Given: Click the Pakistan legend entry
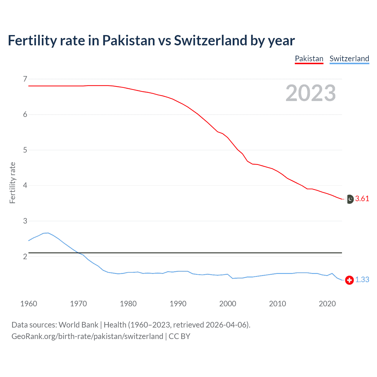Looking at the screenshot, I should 309,59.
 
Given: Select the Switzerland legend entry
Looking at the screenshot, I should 349,59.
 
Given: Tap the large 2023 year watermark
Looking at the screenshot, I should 310,93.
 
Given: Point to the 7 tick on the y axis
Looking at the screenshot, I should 25,79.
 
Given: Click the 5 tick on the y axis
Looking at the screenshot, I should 25,150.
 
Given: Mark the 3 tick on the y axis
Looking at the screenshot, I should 25,221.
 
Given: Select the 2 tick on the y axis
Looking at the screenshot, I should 25,257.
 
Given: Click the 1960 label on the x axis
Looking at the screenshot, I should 29,304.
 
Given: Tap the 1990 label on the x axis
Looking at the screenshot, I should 178,304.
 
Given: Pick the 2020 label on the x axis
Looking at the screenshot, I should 327,304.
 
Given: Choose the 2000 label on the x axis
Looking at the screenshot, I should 228,304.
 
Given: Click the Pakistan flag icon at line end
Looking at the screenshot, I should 349,199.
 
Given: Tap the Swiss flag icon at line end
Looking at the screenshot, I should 349,280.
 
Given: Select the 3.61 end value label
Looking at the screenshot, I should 362,199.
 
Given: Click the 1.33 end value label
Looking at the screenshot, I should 362,280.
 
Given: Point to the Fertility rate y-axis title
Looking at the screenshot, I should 12,183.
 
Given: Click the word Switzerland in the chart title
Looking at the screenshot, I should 210,41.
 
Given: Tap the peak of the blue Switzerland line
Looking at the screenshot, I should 48,233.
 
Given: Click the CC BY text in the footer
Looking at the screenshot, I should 179,336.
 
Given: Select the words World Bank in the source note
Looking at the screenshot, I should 78,325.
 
